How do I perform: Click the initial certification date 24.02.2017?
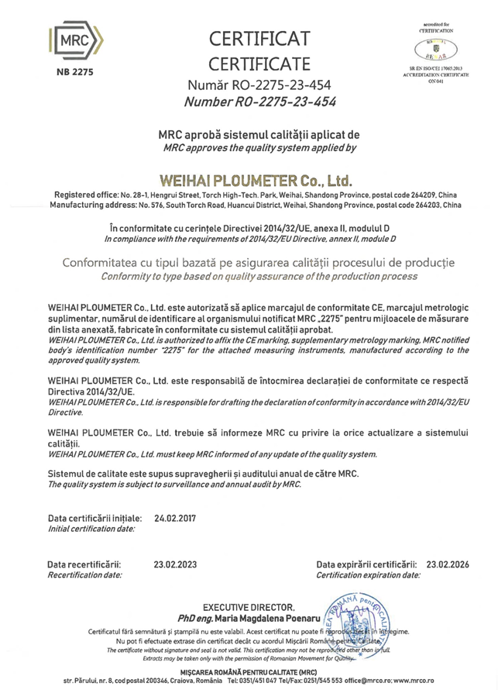180,517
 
